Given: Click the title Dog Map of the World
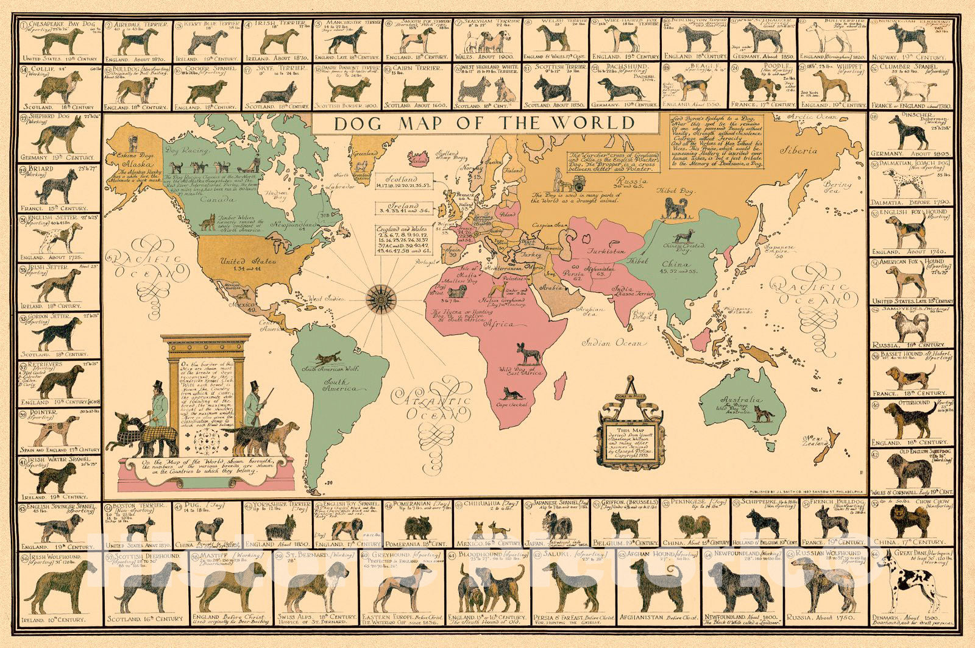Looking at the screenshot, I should tap(484, 123).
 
